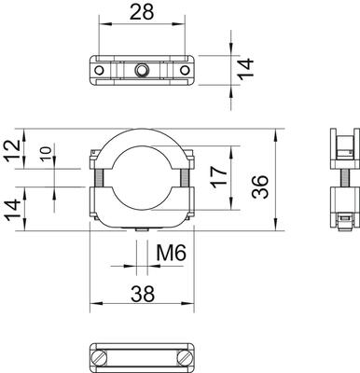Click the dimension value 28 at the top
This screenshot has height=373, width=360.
pyautogui.click(x=142, y=12)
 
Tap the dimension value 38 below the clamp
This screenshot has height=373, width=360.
pyautogui.click(x=143, y=294)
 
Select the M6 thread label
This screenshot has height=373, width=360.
pyautogui.click(x=171, y=253)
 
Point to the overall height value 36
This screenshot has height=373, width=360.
pyautogui.click(x=259, y=186)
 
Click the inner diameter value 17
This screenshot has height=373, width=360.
pyautogui.click(x=219, y=177)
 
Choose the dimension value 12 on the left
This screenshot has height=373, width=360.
pyautogui.click(x=13, y=151)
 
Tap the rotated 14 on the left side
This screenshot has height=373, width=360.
pyautogui.click(x=13, y=212)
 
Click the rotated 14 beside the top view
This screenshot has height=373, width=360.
pyautogui.click(x=246, y=69)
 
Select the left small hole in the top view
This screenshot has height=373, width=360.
pyautogui.click(x=99, y=71)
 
